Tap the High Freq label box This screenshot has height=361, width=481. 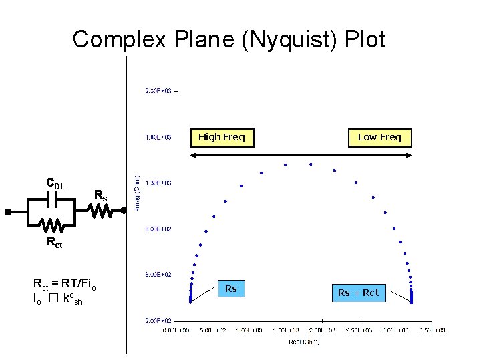click(222, 137)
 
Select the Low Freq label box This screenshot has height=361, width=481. click(379, 137)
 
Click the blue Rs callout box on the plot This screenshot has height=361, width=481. click(230, 289)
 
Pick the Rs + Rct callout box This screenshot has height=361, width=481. click(358, 293)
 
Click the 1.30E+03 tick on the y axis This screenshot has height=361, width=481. click(158, 183)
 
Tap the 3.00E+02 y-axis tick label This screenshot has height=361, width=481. click(158, 274)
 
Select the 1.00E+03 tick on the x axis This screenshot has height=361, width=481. click(249, 330)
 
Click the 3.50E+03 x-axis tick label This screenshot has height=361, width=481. click(431, 330)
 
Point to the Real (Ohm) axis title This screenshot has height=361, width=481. click(304, 342)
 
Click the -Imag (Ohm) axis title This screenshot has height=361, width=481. click(138, 194)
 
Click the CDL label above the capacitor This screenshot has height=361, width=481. click(55, 183)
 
